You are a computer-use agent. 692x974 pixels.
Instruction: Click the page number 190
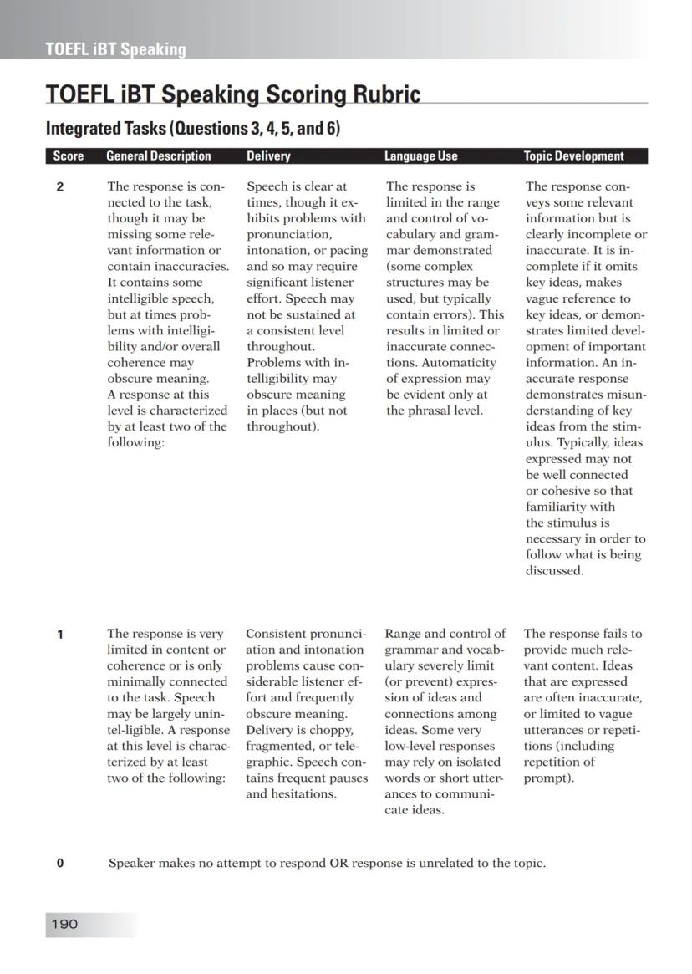64,924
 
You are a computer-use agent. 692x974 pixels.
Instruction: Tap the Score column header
68,156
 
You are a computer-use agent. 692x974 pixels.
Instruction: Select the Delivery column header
268,156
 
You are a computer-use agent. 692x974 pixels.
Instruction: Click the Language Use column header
420,156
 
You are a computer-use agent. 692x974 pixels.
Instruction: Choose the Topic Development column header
573,156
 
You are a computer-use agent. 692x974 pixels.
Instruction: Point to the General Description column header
159,156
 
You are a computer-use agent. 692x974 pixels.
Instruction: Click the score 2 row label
60,187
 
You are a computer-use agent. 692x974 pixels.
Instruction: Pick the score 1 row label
60,635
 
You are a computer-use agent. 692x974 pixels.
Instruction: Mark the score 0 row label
60,864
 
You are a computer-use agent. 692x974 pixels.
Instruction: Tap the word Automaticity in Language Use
459,363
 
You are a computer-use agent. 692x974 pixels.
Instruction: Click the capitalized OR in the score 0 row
339,864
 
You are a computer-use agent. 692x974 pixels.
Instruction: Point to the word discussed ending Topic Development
553,571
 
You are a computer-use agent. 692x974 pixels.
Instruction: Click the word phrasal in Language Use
430,411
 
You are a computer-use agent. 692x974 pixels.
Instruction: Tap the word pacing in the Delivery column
350,251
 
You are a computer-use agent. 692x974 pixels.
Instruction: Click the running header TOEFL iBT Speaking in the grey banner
116,49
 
